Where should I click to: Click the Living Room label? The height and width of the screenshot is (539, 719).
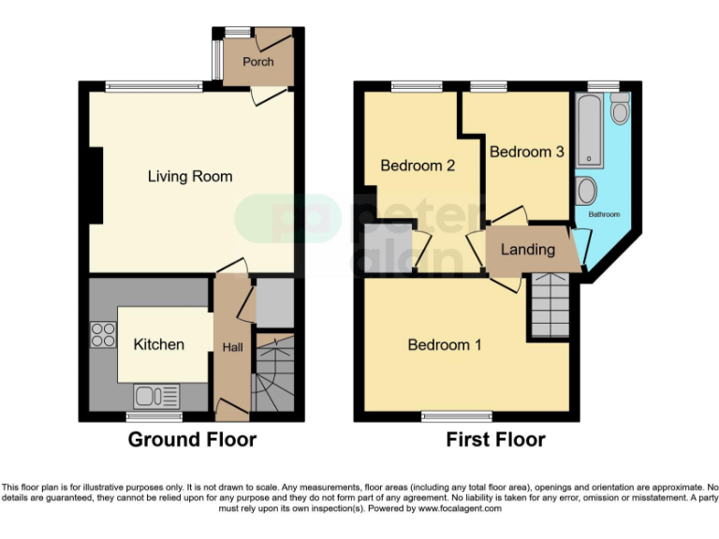pos(190,176)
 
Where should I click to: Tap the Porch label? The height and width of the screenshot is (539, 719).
pos(257,62)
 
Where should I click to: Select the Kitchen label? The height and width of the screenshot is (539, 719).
pos(159,344)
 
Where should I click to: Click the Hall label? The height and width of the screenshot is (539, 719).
pos(232,347)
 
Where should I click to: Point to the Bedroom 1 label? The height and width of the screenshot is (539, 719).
pos(445,344)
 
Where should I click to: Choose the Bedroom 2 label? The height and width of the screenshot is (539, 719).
pos(418,166)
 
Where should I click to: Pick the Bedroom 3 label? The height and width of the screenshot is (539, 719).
pos(526,152)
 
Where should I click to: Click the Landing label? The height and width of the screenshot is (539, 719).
pos(527,250)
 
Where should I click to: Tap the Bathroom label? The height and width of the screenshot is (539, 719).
pos(604,214)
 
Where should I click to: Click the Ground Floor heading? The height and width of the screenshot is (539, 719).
pos(192,439)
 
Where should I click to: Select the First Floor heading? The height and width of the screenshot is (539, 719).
pos(495,439)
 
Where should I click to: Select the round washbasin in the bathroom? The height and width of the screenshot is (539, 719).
pos(587,192)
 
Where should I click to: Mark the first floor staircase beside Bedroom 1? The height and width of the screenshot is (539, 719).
pos(550,306)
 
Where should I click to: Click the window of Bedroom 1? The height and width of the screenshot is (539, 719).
pos(456,415)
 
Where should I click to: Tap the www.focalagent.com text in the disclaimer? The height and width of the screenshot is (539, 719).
pos(460,509)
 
